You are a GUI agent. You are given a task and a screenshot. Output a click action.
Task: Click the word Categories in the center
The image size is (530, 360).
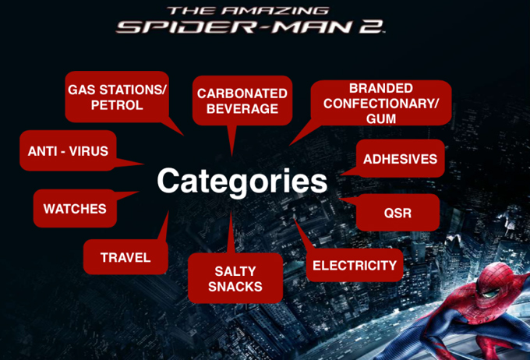(x=242, y=182)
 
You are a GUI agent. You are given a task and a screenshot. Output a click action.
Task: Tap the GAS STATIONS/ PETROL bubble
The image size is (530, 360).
(x=117, y=97)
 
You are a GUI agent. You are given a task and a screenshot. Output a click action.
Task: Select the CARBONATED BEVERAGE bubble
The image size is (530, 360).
(x=242, y=101)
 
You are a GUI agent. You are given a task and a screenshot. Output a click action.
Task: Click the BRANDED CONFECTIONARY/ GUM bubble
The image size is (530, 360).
(x=381, y=103)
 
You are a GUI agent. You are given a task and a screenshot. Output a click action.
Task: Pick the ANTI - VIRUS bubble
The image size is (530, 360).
(x=69, y=150)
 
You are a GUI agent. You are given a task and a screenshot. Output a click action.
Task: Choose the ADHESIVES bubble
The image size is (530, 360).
(x=400, y=158)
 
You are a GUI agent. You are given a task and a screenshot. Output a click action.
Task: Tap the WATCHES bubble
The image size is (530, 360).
(x=75, y=209)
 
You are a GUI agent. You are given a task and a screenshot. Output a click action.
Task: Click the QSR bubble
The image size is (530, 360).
(x=397, y=213)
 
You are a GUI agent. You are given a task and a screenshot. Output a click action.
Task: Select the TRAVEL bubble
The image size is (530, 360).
(x=125, y=257)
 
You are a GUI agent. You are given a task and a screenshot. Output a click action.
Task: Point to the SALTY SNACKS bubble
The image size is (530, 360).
(x=235, y=278)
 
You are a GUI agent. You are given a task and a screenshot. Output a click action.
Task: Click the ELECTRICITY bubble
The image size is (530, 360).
(x=355, y=266)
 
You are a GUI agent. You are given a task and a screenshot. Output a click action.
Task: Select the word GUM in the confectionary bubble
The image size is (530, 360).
(x=381, y=118)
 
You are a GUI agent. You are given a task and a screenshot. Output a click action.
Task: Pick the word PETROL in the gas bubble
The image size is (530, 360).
(x=117, y=105)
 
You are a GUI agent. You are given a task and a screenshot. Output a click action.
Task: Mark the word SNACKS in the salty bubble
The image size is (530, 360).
(x=235, y=287)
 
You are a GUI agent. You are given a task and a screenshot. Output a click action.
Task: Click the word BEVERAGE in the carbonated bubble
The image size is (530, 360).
(x=242, y=109)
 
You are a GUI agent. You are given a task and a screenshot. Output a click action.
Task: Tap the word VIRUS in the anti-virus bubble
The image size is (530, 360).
(x=89, y=151)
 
